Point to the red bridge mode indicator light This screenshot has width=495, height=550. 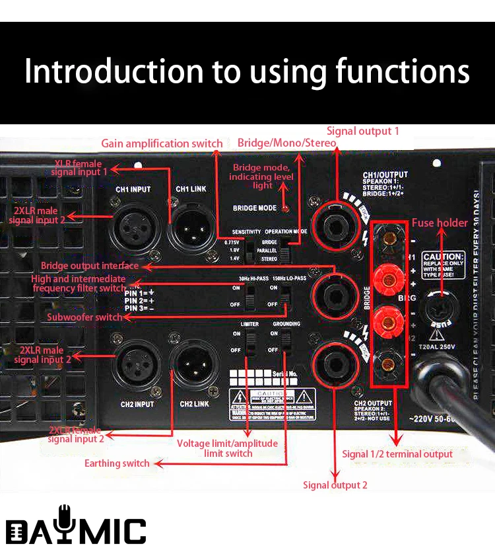pos(284,208)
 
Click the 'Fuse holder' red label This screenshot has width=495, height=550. pos(440,223)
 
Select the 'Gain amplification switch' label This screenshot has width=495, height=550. pos(162,143)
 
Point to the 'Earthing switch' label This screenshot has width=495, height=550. pos(117,463)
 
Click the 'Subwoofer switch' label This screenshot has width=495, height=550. pos(84,317)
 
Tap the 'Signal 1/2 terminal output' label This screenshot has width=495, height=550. pos(397,454)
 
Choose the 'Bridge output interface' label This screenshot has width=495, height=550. pos(90,266)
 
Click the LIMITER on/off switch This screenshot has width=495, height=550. pos(251,344)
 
